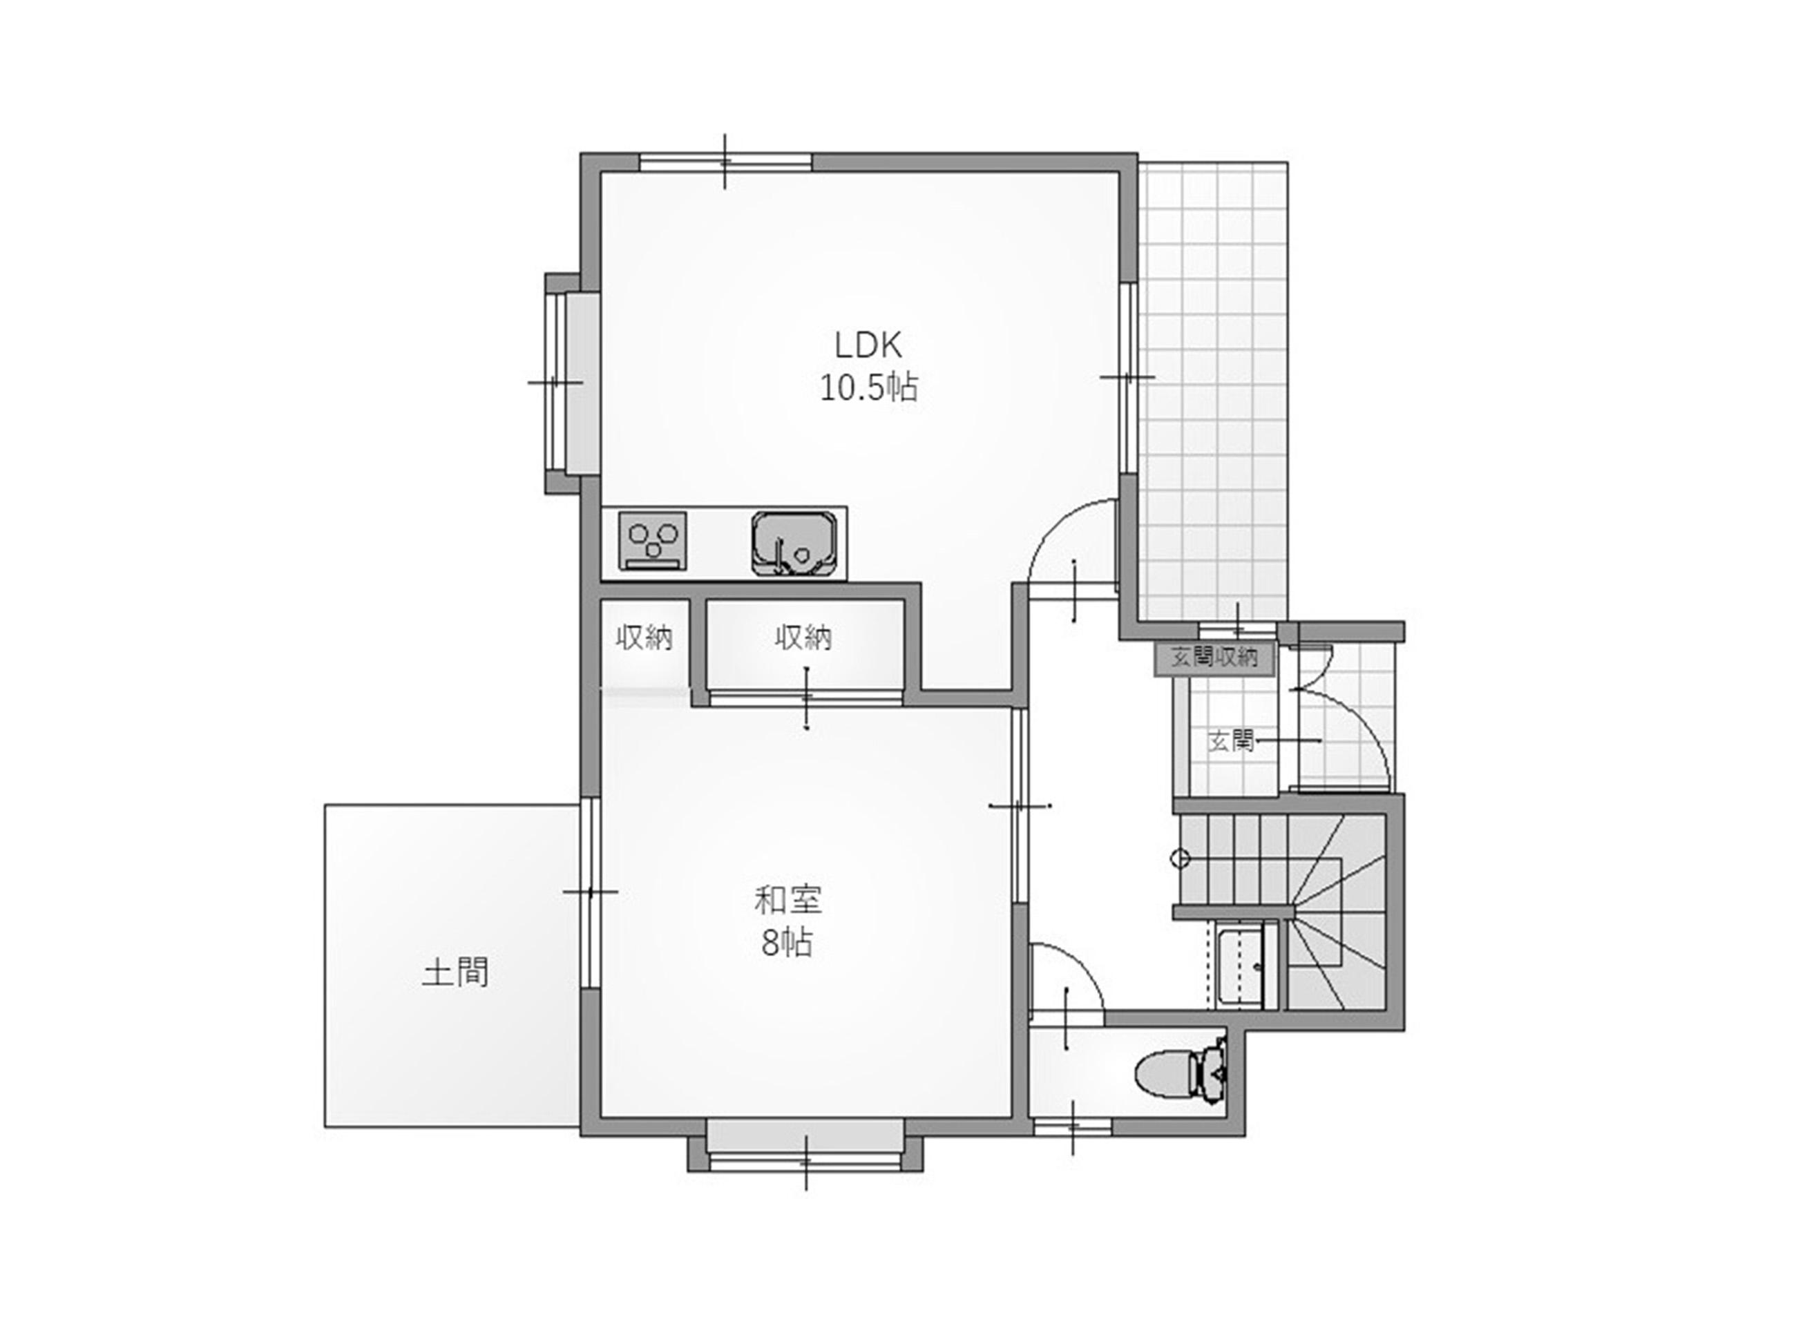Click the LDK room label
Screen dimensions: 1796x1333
(x=868, y=345)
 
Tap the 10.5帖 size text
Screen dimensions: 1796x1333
(x=869, y=389)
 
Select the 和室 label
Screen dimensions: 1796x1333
(x=787, y=900)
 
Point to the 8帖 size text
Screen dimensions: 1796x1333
(x=787, y=943)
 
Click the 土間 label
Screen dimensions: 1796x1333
(x=455, y=972)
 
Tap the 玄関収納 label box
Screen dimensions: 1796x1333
(x=1214, y=658)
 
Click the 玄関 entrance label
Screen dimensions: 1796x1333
(x=1230, y=740)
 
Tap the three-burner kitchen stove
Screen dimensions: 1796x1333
(x=653, y=541)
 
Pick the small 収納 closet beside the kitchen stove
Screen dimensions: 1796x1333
(x=644, y=638)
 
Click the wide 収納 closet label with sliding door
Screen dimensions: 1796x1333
(x=803, y=638)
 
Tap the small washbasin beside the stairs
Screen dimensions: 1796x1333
(x=1240, y=968)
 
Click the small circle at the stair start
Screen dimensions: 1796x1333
(x=1180, y=859)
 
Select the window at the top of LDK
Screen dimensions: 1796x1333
(x=725, y=162)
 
